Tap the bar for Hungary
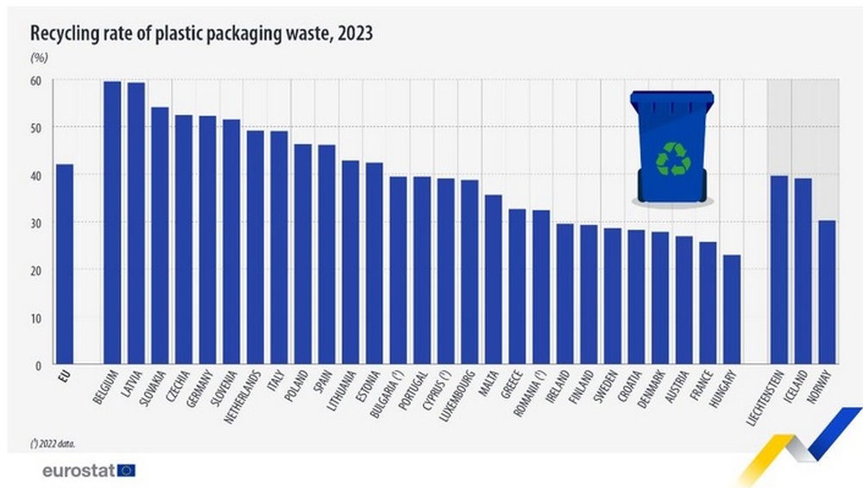click(732, 310)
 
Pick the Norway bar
click(827, 292)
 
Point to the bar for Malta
click(493, 279)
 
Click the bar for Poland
click(302, 254)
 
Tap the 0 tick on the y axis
click(38, 366)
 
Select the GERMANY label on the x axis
click(202, 391)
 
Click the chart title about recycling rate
click(202, 34)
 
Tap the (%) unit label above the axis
click(39, 58)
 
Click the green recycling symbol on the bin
click(673, 159)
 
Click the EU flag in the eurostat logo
click(127, 470)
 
